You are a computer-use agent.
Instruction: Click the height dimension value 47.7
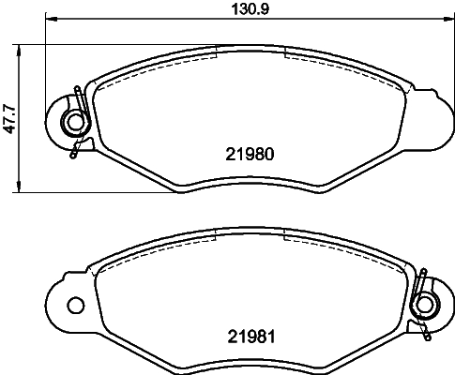point(8,118)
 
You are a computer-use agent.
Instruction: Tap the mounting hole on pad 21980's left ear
point(68,121)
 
